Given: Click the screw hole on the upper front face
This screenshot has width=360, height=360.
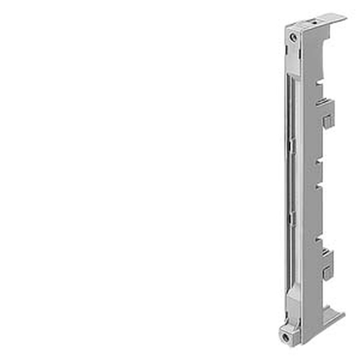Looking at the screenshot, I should (293, 37).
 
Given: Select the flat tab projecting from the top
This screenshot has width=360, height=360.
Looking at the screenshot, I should (334, 18).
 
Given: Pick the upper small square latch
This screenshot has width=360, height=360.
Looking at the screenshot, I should (328, 122).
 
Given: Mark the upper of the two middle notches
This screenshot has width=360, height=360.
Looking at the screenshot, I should (319, 163).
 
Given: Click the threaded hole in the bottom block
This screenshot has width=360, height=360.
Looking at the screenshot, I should (285, 337).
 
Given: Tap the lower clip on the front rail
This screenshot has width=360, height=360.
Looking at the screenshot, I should (292, 217).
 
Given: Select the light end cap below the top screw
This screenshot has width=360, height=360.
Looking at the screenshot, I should (294, 60).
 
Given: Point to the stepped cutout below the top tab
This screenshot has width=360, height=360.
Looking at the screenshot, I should (326, 43).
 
